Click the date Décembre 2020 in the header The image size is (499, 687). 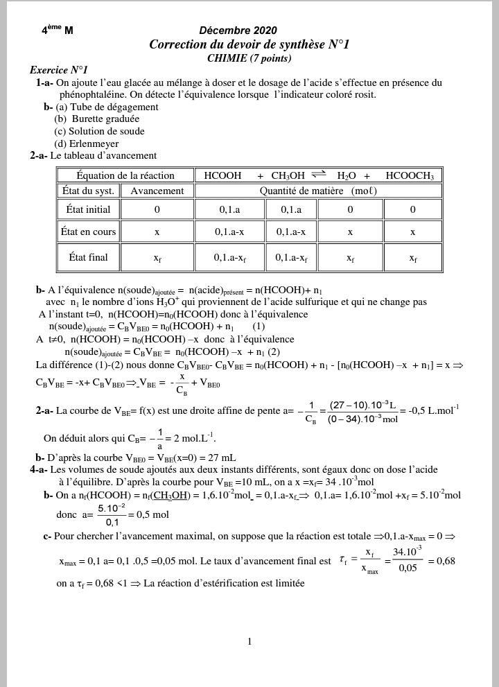pyautogui.click(x=238, y=30)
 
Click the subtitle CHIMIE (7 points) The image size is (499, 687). pyautogui.click(x=249, y=58)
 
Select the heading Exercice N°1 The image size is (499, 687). pyautogui.click(x=59, y=71)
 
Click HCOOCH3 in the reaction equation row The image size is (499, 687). pyautogui.click(x=409, y=176)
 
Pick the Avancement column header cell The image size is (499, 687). pyautogui.click(x=157, y=191)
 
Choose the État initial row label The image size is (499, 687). pyautogui.click(x=88, y=209)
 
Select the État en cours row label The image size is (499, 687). pyautogui.click(x=88, y=232)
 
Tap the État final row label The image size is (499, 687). pyautogui.click(x=88, y=257)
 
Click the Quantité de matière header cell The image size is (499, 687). pyautogui.click(x=318, y=191)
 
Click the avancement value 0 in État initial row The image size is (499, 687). pyautogui.click(x=157, y=209)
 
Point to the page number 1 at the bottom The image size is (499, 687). pyautogui.click(x=249, y=642)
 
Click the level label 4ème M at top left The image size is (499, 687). pyautogui.click(x=57, y=31)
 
